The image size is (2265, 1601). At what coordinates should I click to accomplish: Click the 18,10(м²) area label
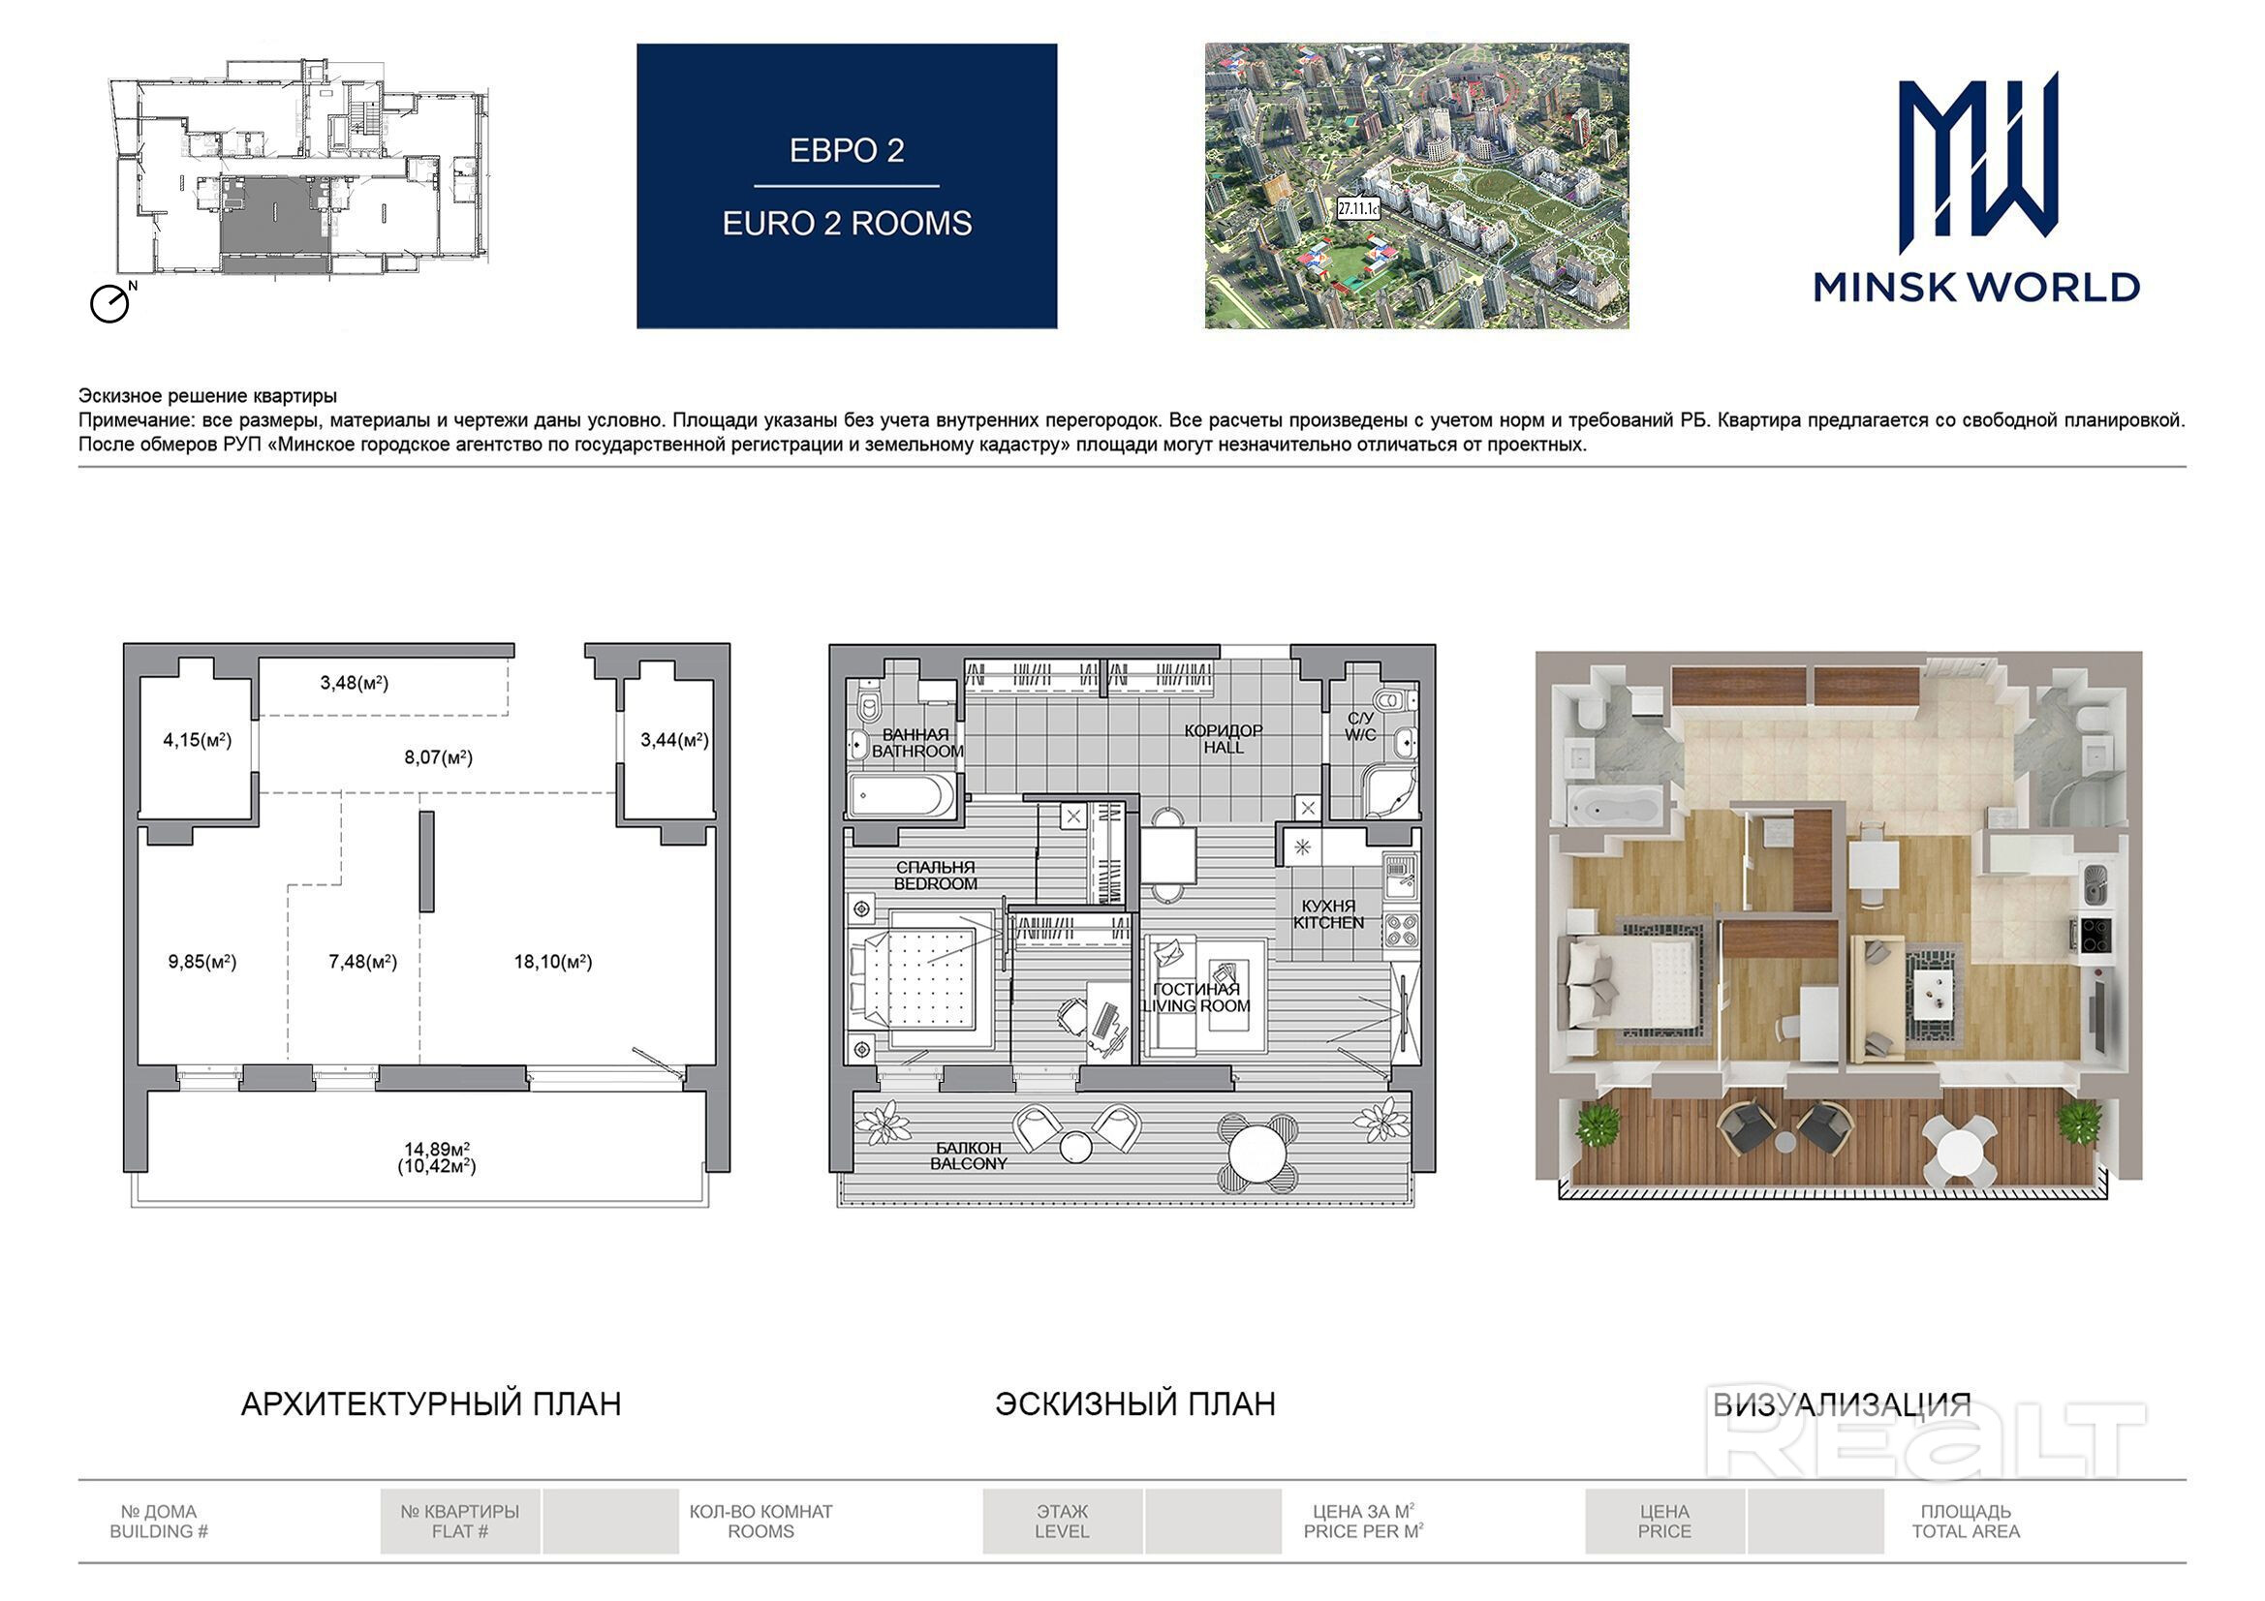[x=552, y=962]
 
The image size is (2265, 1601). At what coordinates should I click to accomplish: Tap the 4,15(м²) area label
[x=198, y=740]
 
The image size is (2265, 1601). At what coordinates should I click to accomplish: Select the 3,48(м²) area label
[x=355, y=683]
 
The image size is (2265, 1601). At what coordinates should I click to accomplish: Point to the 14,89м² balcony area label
[x=437, y=1150]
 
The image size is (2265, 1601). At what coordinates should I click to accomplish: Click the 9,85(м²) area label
[x=202, y=962]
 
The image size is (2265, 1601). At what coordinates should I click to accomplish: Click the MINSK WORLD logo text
[x=1976, y=287]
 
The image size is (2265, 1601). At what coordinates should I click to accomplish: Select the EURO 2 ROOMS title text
[x=847, y=224]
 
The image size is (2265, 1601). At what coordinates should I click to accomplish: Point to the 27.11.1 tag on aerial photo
[x=1357, y=209]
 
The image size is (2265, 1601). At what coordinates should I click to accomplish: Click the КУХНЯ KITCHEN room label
[x=1329, y=914]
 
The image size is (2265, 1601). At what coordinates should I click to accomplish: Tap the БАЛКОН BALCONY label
[x=969, y=1156]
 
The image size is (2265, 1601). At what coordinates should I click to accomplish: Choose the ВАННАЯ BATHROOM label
[x=916, y=743]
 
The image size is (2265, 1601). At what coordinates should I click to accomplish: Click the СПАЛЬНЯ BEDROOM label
[x=935, y=876]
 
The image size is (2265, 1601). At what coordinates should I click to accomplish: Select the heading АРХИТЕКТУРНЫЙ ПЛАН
[x=431, y=1403]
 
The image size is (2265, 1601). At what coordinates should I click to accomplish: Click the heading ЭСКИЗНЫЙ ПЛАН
[x=1134, y=1403]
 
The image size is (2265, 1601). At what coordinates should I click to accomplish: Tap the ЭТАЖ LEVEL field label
[x=1063, y=1522]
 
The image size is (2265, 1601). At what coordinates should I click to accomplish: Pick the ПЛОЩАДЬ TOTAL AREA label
[x=1966, y=1522]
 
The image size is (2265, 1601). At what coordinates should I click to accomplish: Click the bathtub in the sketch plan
[x=902, y=795]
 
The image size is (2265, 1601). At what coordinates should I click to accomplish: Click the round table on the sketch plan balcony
[x=1257, y=1152]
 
